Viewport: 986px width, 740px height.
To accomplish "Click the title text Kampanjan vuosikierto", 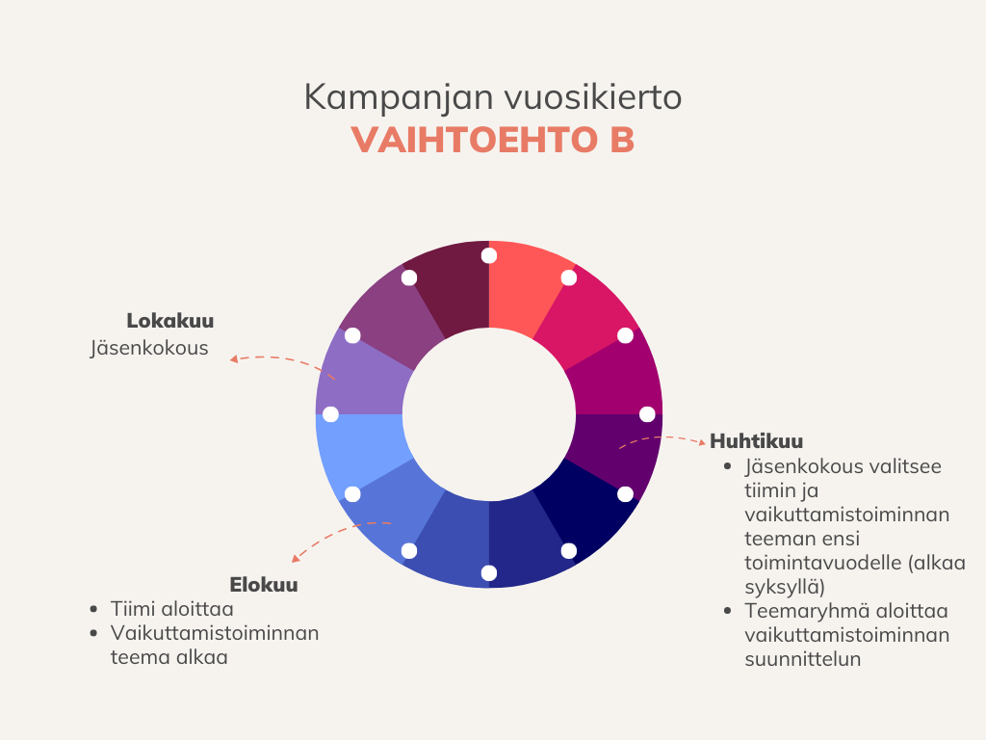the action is [x=492, y=97].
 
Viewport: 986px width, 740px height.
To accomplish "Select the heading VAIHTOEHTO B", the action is [x=492, y=140].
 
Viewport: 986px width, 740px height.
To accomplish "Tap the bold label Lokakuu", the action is [x=169, y=321].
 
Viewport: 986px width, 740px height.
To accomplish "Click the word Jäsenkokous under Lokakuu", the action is [x=149, y=348].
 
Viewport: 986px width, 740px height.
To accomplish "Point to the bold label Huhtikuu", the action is [x=757, y=441].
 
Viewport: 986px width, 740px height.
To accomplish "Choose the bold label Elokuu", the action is [x=264, y=585].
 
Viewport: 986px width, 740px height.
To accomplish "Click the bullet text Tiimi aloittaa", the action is [x=171, y=609].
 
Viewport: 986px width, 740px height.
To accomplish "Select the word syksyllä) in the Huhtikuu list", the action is [x=785, y=587].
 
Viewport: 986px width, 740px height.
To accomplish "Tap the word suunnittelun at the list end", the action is [x=802, y=659].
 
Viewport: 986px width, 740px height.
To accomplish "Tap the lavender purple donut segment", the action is [x=363, y=378].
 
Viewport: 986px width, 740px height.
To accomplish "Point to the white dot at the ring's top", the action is [x=488, y=255].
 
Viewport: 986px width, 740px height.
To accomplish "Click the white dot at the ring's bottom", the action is [x=488, y=572].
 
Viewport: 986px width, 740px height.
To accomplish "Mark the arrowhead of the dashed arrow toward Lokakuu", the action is [x=233, y=359].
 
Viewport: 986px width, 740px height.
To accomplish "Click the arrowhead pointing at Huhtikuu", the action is [x=702, y=442].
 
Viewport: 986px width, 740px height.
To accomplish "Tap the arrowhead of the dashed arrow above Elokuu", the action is [x=296, y=558].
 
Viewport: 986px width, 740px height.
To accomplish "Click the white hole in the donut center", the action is [x=488, y=414].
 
